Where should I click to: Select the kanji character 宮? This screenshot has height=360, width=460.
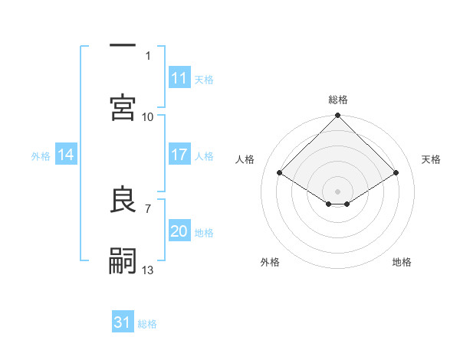[123, 106]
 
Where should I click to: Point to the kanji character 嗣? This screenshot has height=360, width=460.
[123, 260]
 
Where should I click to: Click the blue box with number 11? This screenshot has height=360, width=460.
[179, 78]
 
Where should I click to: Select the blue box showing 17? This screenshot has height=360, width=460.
[179, 155]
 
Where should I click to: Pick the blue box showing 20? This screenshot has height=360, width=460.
[179, 231]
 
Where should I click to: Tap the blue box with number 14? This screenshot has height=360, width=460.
[66, 155]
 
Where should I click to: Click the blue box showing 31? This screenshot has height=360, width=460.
[123, 322]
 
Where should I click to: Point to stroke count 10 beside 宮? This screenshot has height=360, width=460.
[148, 116]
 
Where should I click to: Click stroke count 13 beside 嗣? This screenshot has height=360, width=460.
[148, 270]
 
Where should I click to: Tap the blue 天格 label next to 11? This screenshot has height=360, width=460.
[204, 79]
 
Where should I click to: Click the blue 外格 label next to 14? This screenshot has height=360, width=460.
[41, 155]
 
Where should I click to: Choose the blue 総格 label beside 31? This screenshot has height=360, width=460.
[147, 323]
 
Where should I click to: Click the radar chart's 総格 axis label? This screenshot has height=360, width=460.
[338, 100]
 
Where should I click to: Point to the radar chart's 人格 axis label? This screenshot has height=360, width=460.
[245, 159]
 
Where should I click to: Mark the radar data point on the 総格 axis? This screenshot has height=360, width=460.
[338, 116]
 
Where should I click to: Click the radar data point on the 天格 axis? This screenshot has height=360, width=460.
[396, 172]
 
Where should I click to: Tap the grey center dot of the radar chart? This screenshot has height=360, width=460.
[338, 191]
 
